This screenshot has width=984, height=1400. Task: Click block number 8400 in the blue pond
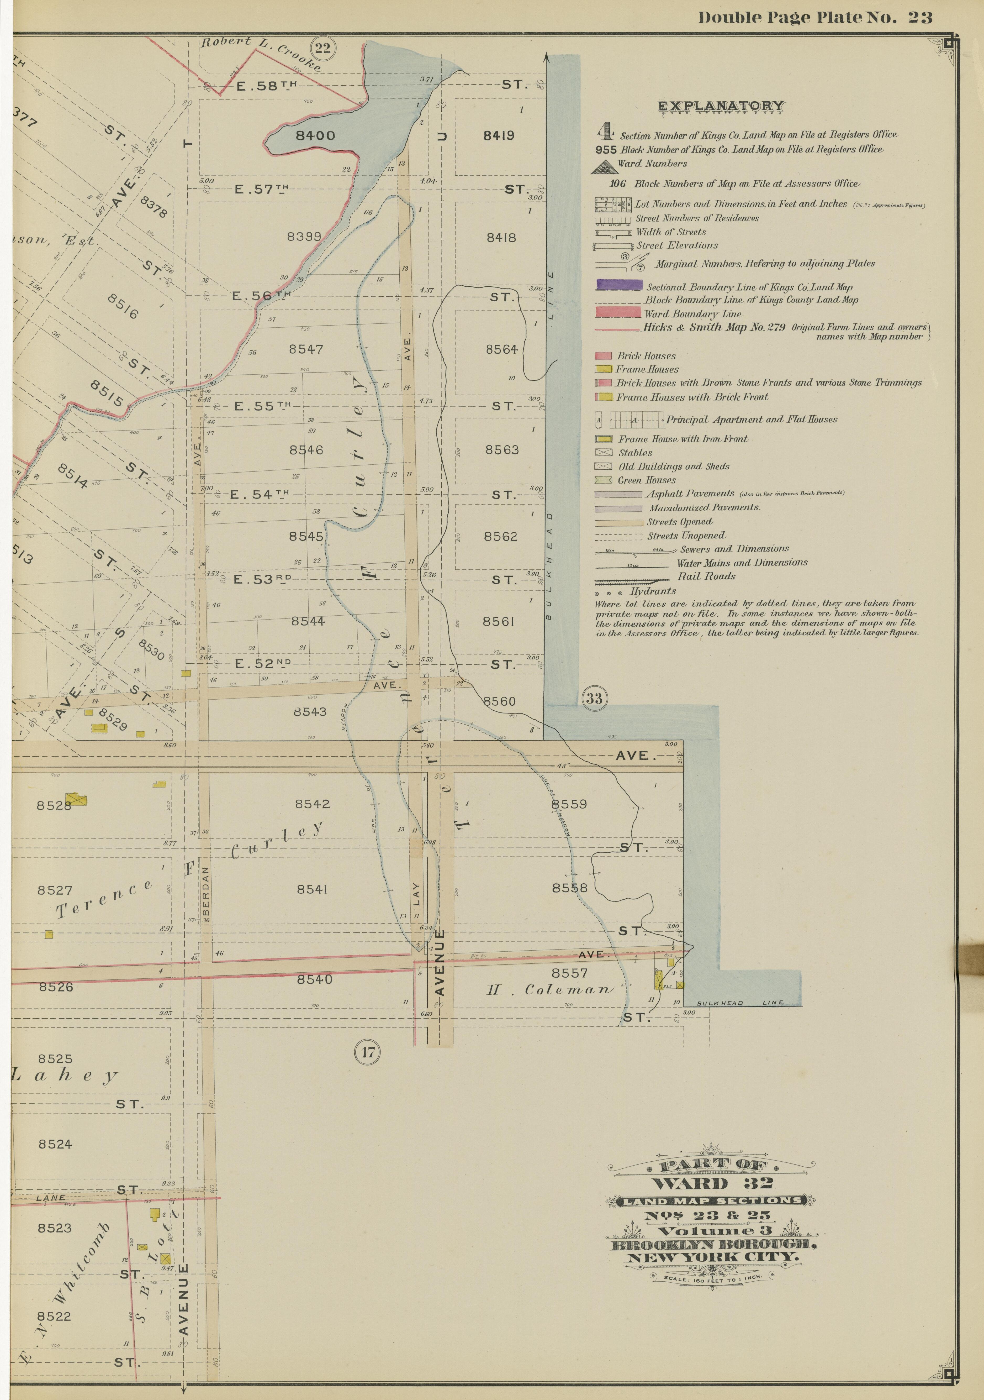click(315, 135)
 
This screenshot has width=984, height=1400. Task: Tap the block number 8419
click(499, 135)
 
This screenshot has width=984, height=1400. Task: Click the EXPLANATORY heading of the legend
click(721, 106)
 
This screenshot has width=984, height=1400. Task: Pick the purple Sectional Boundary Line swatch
click(619, 285)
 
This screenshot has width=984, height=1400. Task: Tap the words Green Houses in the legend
click(646, 480)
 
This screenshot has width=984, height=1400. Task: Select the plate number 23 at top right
click(919, 18)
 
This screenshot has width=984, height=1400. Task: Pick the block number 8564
click(501, 349)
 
